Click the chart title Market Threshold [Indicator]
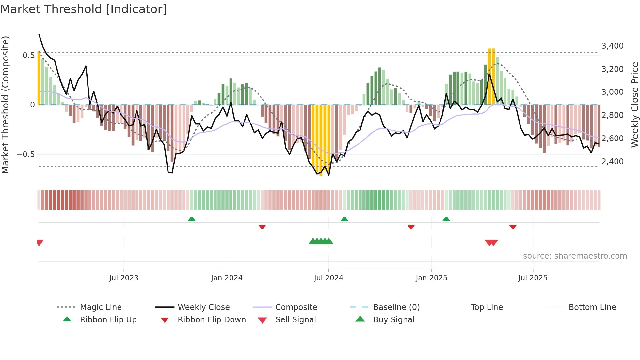[84, 9]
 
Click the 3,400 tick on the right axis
[612, 46]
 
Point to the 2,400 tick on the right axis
[612, 161]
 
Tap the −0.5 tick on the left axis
[26, 154]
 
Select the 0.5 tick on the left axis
[28, 56]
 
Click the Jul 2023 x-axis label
[124, 278]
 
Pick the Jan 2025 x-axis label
[431, 278]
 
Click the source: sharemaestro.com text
[575, 256]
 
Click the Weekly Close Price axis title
[634, 105]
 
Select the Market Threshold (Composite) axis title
[5, 105]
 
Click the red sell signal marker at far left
[40, 243]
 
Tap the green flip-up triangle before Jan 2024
[192, 219]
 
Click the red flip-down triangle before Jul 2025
[513, 227]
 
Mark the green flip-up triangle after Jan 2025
[446, 219]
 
